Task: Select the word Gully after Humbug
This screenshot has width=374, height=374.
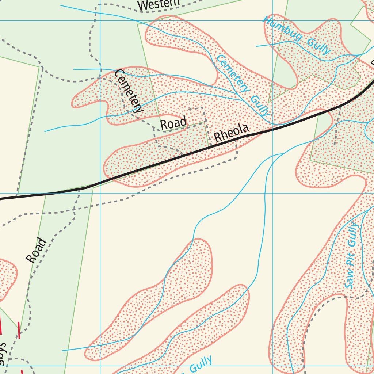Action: [x=318, y=46]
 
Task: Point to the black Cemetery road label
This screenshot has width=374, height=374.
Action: [x=129, y=91]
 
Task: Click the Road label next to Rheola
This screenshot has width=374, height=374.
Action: [x=174, y=123]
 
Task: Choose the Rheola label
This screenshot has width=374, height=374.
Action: [x=231, y=132]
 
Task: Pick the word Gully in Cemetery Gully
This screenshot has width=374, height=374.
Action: [x=260, y=106]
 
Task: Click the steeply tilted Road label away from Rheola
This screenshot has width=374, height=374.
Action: [x=37, y=250]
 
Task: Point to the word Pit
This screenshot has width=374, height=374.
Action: [x=351, y=260]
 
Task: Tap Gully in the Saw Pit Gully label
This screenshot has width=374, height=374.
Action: [x=352, y=235]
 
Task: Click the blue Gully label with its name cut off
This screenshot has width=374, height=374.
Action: [x=201, y=363]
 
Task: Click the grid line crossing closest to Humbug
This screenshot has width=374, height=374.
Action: [x=273, y=20]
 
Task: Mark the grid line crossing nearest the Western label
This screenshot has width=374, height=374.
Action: [x=100, y=20]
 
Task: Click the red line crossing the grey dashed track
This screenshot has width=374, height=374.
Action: [x=19, y=330]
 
